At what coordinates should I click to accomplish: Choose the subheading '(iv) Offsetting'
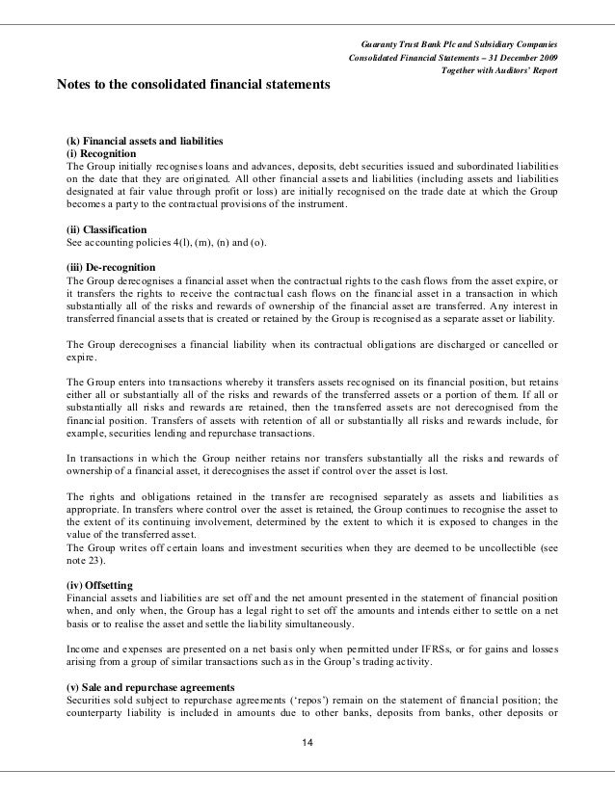click(x=99, y=585)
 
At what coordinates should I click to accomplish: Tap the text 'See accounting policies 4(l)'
click(x=126, y=243)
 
